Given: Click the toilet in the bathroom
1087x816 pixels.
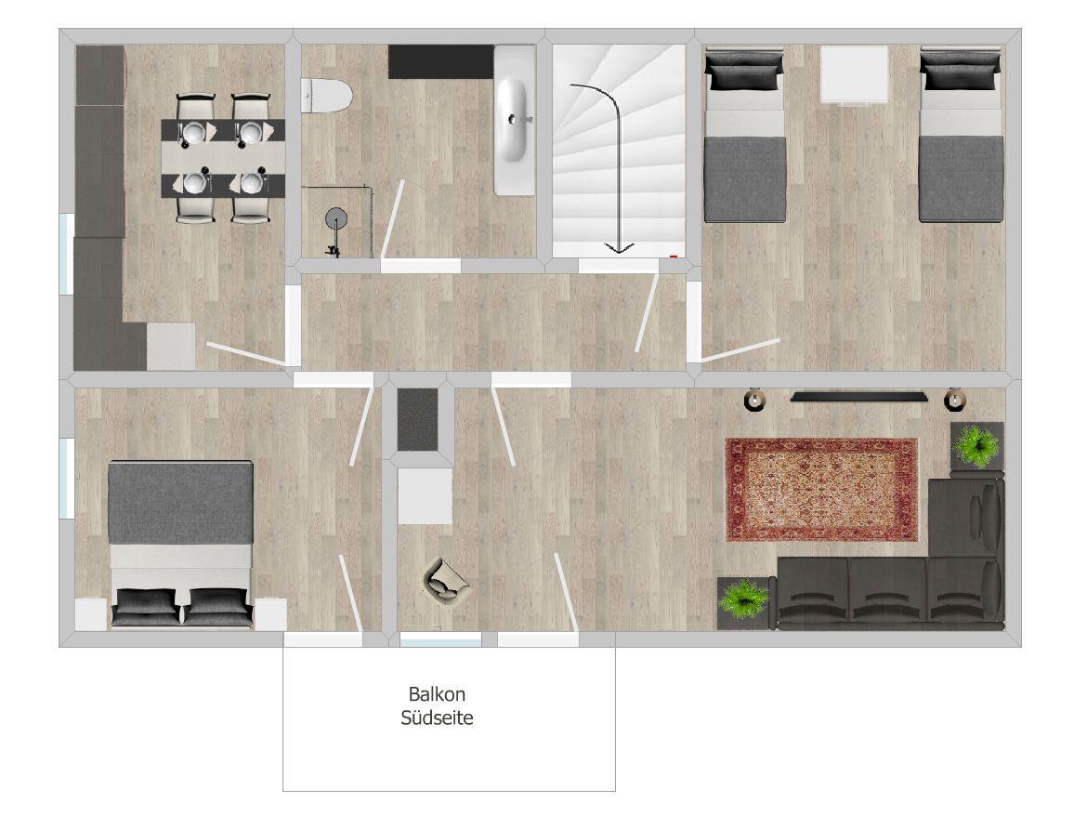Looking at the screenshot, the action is click(x=326, y=95).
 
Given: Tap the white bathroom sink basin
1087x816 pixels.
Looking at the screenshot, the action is click(x=513, y=120).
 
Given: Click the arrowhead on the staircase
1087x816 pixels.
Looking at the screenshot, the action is click(x=619, y=247).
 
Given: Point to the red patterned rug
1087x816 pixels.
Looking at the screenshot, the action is click(x=821, y=490).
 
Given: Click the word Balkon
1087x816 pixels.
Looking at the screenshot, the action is click(x=437, y=694).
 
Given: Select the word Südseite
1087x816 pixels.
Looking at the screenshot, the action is click(x=437, y=717).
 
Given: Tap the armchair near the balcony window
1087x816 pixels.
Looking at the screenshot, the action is click(x=447, y=580).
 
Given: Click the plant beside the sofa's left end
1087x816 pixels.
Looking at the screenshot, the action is click(x=744, y=599).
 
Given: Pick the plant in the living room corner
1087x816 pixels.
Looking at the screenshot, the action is click(x=976, y=444).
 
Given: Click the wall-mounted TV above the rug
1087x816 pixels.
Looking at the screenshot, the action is click(x=859, y=397).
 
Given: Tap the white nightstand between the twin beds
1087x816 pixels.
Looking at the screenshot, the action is click(x=854, y=74).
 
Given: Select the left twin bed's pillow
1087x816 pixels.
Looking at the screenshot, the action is click(x=744, y=72).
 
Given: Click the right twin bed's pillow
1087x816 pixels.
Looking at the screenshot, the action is click(x=961, y=72).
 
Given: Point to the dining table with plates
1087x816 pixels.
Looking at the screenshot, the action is click(x=223, y=158).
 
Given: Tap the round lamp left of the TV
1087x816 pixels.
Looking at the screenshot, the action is click(x=753, y=400).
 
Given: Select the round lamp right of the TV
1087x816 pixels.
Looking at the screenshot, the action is click(x=955, y=399).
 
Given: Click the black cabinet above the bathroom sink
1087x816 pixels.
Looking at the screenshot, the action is click(x=441, y=61).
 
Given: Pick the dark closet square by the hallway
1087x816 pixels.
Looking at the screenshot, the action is click(x=417, y=419).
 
